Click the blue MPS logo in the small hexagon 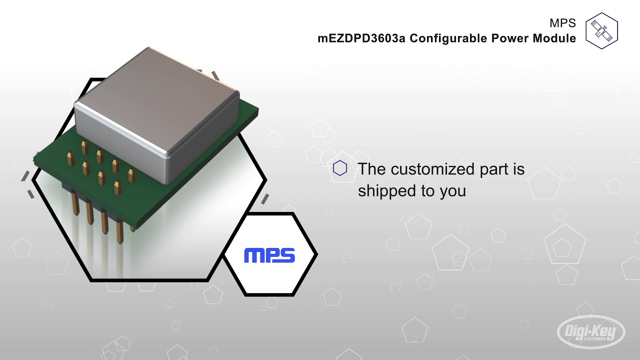269,255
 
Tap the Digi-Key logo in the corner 591,331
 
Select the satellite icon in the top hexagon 601,30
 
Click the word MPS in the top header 562,23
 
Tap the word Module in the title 555,38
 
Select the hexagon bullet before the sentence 340,168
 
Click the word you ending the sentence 452,191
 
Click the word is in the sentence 518,169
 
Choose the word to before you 428,191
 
